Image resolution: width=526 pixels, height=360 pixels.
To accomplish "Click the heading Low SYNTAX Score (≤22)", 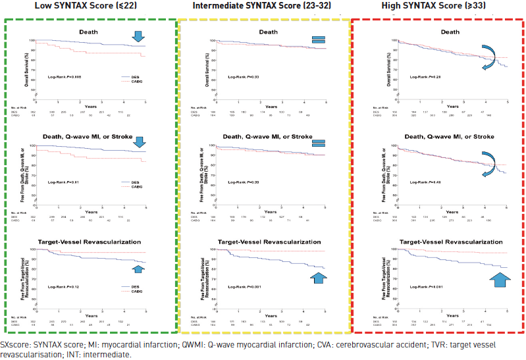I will coord(90,6).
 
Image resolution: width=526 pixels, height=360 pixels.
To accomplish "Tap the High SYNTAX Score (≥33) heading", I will coord(438,6).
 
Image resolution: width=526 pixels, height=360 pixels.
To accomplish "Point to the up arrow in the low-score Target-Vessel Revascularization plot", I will coord(138,269).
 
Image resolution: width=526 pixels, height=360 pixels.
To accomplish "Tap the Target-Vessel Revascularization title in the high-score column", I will coord(438,242).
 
